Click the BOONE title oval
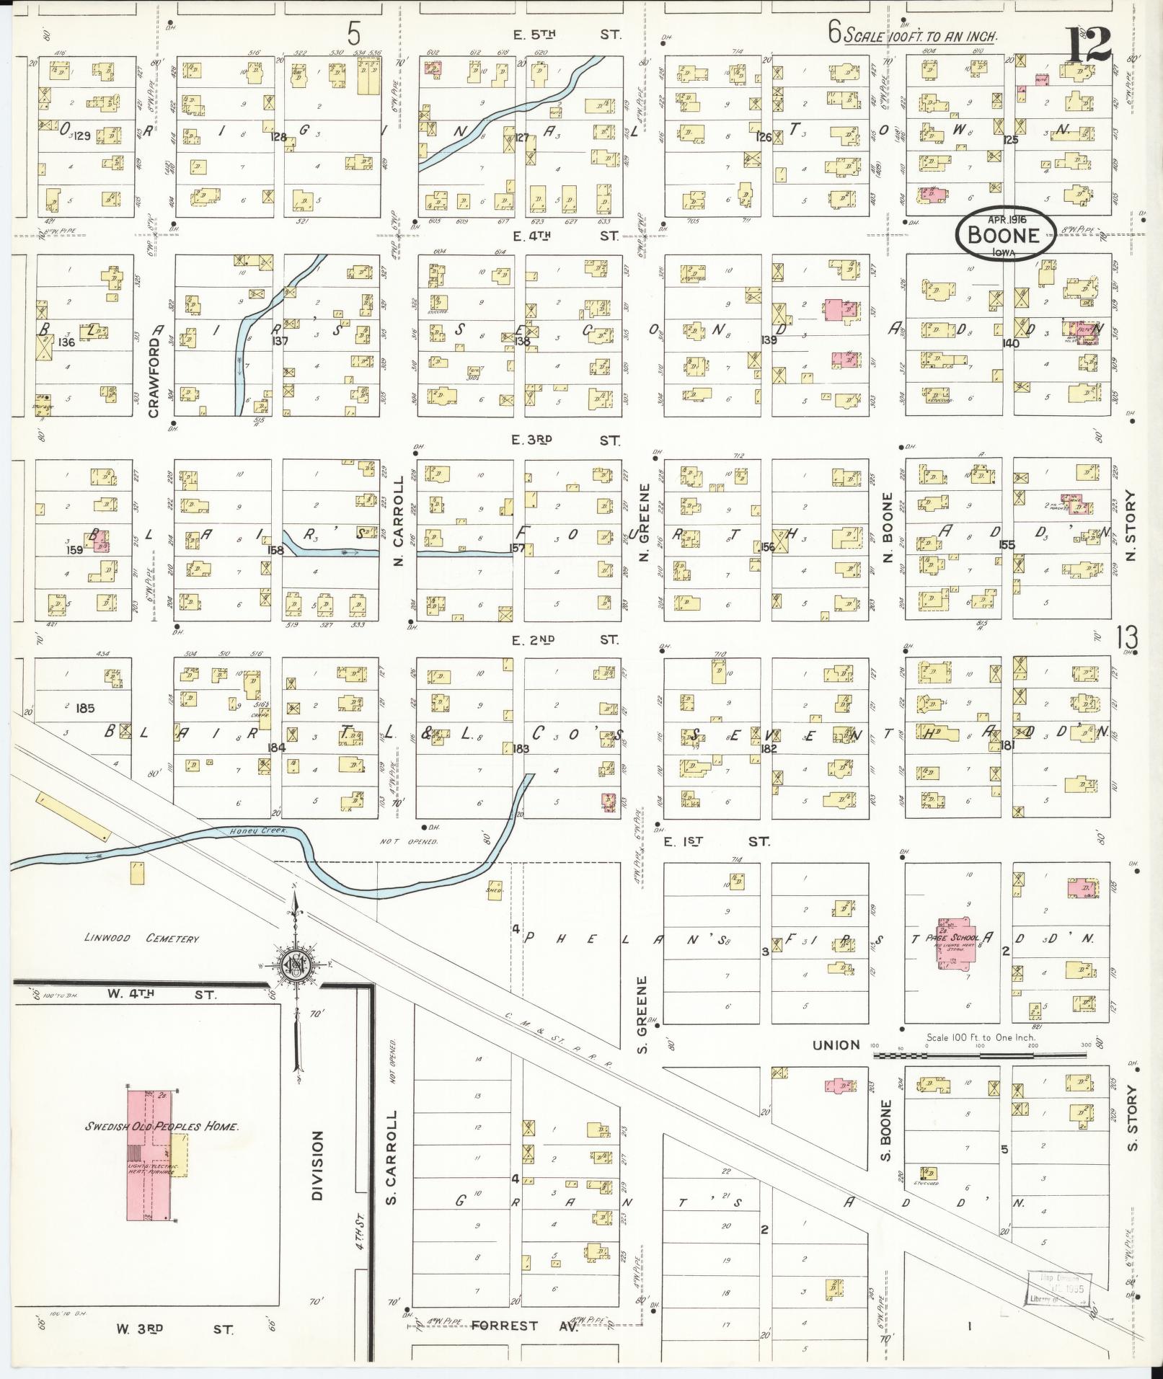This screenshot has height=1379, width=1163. pyautogui.click(x=1005, y=235)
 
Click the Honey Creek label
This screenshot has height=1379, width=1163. pyautogui.click(x=249, y=831)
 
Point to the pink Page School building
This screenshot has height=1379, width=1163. pyautogui.click(x=955, y=944)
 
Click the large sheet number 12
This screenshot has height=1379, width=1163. pyautogui.click(x=1089, y=45)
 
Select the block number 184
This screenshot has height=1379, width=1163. pyautogui.click(x=277, y=748)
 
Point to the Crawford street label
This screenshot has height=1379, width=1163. pyautogui.click(x=153, y=370)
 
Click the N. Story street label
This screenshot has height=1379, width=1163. pyautogui.click(x=1130, y=526)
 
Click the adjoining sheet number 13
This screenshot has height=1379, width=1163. pyautogui.click(x=1127, y=638)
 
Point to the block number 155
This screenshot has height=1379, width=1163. pyautogui.click(x=1007, y=544)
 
